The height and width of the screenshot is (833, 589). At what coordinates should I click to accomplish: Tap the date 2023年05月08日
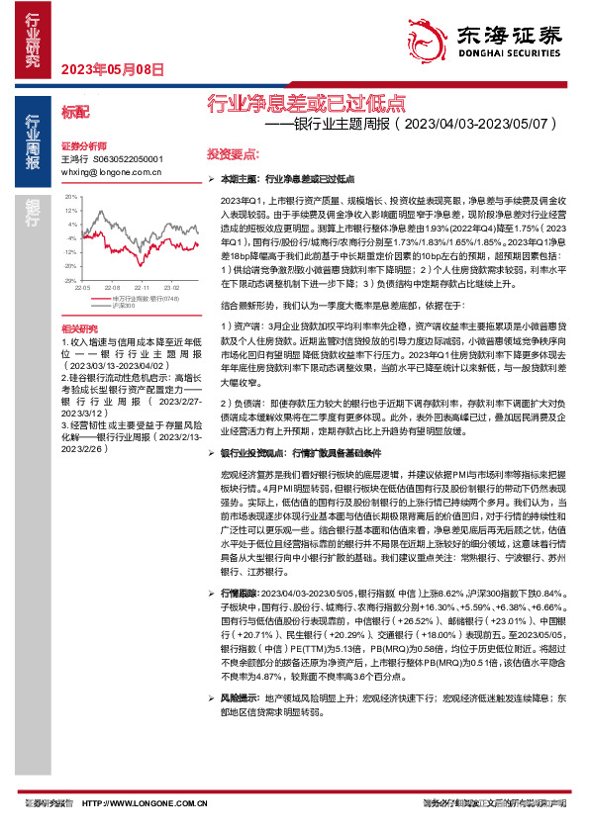tap(112, 68)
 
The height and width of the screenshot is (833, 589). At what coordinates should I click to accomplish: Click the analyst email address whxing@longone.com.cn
tap(111, 171)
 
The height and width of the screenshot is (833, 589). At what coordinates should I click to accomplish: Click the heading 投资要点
tap(233, 154)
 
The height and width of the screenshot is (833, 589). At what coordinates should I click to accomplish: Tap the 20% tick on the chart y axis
tap(70, 197)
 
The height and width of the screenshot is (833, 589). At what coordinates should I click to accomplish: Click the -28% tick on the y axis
tap(70, 280)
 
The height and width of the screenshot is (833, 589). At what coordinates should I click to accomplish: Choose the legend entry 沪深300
tap(123, 305)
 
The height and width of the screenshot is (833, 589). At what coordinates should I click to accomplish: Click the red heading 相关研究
tap(80, 327)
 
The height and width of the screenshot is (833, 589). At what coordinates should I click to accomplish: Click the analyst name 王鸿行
tap(74, 158)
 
